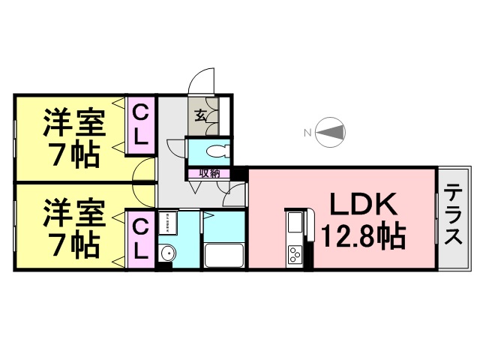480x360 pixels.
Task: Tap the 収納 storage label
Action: [x=208, y=173]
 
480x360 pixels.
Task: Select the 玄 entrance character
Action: [x=202, y=115]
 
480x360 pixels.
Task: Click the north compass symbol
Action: [x=331, y=133]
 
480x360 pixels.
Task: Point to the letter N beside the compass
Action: [x=307, y=133]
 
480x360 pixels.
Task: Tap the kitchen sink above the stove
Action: [x=293, y=223]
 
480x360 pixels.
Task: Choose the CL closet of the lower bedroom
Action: [x=140, y=239]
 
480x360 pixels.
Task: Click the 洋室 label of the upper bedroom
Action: [x=73, y=122]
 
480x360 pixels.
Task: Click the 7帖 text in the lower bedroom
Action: [x=73, y=241]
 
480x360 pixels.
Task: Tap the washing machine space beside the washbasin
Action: [x=168, y=223]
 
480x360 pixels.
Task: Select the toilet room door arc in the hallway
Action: [x=175, y=146]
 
